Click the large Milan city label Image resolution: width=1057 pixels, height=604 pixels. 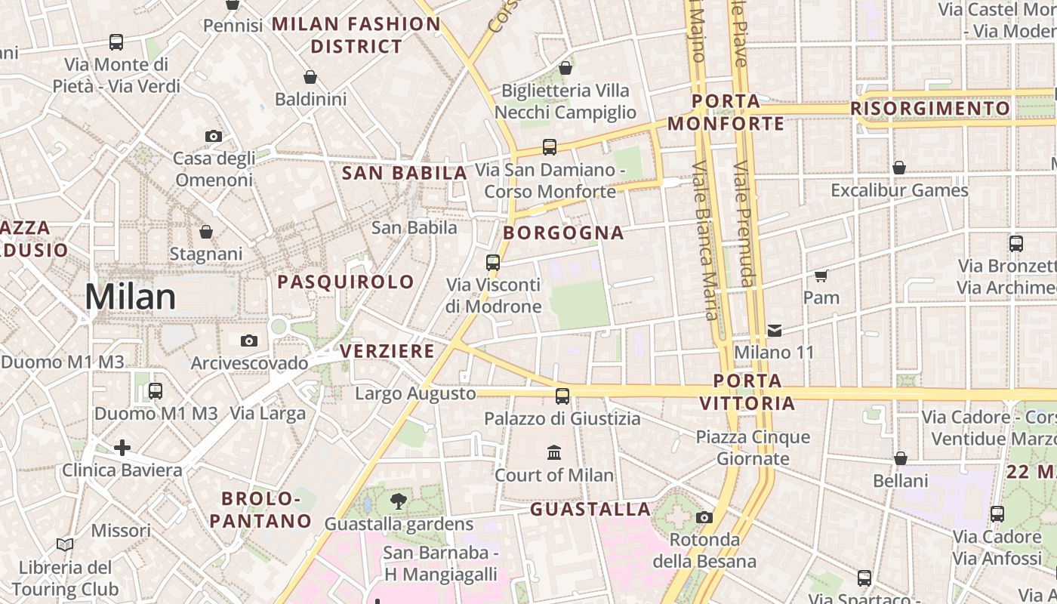(130, 297)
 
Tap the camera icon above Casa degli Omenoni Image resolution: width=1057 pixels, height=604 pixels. (214, 136)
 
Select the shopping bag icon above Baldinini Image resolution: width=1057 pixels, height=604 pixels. (310, 77)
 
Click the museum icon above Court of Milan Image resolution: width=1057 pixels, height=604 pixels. (554, 452)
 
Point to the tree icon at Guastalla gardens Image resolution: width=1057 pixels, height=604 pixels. (398, 501)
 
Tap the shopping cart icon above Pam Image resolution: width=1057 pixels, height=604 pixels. (821, 276)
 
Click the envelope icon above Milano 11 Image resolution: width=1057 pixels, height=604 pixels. (775, 330)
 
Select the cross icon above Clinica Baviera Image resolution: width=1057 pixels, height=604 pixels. (122, 448)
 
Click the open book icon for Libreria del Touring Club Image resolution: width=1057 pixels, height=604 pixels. (65, 544)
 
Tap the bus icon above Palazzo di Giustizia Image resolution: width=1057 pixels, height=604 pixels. (562, 396)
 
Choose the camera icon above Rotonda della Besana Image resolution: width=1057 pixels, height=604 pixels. (704, 517)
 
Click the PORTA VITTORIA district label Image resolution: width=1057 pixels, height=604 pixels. (747, 392)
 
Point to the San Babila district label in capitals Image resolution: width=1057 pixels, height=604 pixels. (405, 173)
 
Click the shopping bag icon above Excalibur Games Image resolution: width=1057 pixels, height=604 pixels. (899, 168)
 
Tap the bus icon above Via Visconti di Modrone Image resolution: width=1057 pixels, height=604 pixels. (493, 263)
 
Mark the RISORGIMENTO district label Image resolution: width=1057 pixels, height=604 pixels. (930, 109)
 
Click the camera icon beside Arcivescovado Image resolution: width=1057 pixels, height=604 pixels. (249, 341)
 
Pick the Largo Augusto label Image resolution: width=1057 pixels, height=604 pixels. (415, 393)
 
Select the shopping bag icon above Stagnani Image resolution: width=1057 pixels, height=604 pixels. (206, 231)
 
